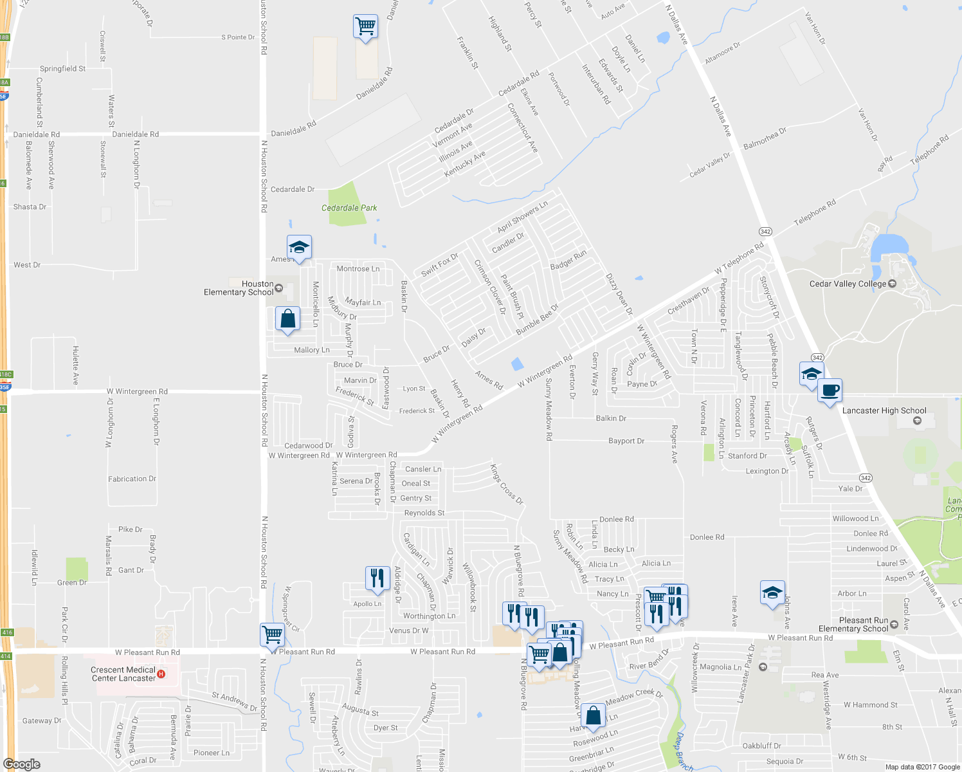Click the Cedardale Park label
[349, 208]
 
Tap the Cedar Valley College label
[847, 284]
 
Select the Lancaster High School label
[884, 410]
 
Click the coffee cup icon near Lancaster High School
[830, 390]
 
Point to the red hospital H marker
[161, 674]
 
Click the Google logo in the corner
[21, 764]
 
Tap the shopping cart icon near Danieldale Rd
[365, 26]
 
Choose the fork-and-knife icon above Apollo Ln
[377, 578]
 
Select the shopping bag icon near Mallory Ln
[287, 318]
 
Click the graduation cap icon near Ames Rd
[299, 247]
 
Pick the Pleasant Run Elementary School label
[853, 625]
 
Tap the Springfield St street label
[62, 69]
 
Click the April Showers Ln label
[522, 217]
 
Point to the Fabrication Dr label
[132, 479]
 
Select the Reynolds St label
[424, 513]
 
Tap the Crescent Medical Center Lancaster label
[123, 674]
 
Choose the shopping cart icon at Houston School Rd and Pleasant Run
[272, 634]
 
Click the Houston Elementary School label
[239, 288]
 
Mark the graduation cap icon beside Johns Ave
[772, 593]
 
